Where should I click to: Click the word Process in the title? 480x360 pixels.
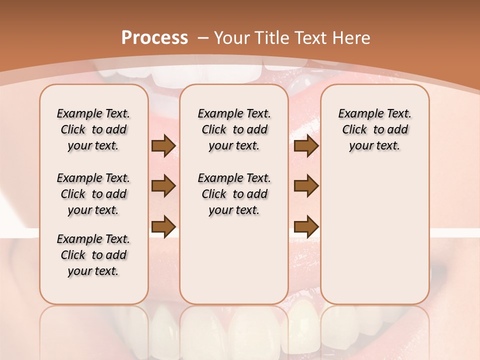[x=154, y=37]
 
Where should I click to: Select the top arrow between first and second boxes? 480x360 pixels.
[x=163, y=146]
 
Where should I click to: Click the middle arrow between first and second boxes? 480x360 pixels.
[x=163, y=186]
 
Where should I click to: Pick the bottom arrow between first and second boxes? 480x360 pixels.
[x=163, y=226]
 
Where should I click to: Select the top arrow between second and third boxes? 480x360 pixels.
[x=306, y=146]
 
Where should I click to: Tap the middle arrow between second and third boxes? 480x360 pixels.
[x=306, y=186]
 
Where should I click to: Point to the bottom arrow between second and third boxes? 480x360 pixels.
[x=306, y=226]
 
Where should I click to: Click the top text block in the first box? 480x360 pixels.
[x=93, y=129]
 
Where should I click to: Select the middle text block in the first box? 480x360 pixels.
[x=93, y=194]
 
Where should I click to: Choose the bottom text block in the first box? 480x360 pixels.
[x=93, y=255]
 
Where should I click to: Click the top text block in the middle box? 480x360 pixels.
[x=234, y=129]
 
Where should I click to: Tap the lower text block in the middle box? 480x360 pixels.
[x=234, y=194]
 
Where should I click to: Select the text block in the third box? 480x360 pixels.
[x=374, y=129]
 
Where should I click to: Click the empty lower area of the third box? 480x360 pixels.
[x=374, y=235]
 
